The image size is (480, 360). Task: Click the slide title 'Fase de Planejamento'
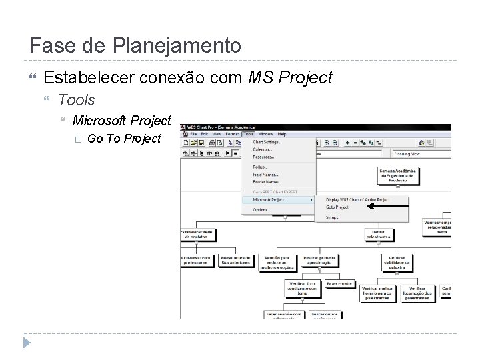135,46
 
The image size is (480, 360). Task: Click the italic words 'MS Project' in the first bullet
290,78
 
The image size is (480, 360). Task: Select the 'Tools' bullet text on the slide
77,100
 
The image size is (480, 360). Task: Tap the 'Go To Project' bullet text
124,139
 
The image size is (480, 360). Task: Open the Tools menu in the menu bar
249,134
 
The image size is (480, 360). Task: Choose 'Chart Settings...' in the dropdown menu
267,141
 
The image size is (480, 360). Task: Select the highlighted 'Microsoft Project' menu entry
269,199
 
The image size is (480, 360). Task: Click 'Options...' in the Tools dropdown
262,209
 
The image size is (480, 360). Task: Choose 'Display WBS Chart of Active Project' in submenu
357,199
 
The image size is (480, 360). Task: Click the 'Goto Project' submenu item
337,207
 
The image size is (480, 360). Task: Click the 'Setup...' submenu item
332,217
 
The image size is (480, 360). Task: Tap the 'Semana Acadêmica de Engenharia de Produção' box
399,176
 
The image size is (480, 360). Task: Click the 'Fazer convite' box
339,283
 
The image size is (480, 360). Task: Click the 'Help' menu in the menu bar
282,134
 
